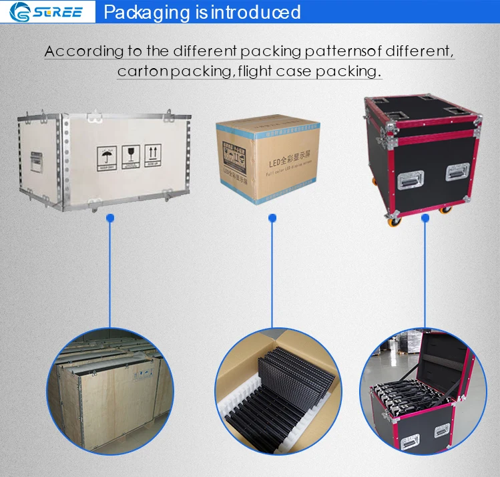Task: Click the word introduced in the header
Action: pos(256,12)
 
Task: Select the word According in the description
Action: pos(84,51)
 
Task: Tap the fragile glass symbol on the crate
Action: pos(130,155)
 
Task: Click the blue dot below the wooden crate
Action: pos(111,218)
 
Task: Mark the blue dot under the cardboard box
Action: pos(272,218)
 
